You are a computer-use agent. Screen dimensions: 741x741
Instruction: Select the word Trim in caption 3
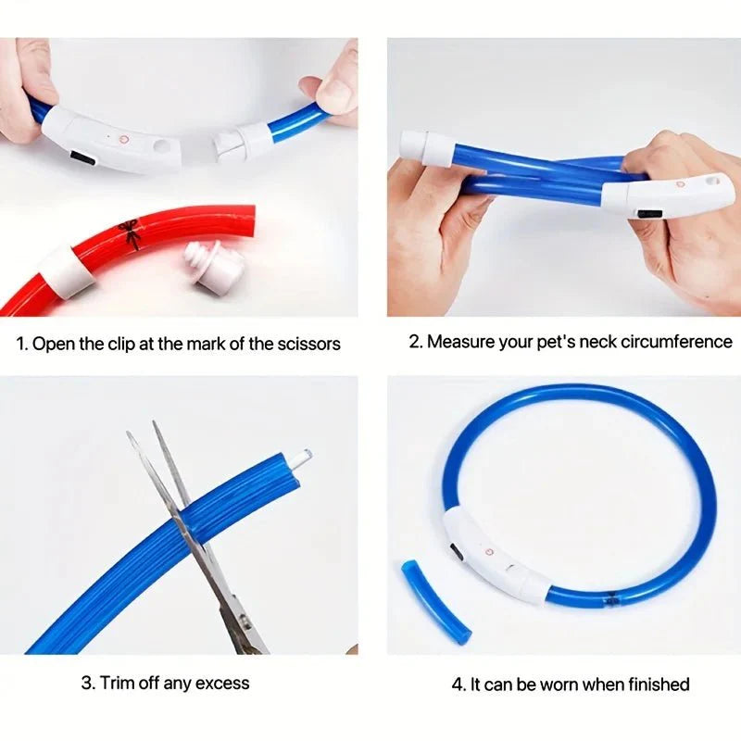118,684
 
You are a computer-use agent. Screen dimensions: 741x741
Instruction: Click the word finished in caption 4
656,684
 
